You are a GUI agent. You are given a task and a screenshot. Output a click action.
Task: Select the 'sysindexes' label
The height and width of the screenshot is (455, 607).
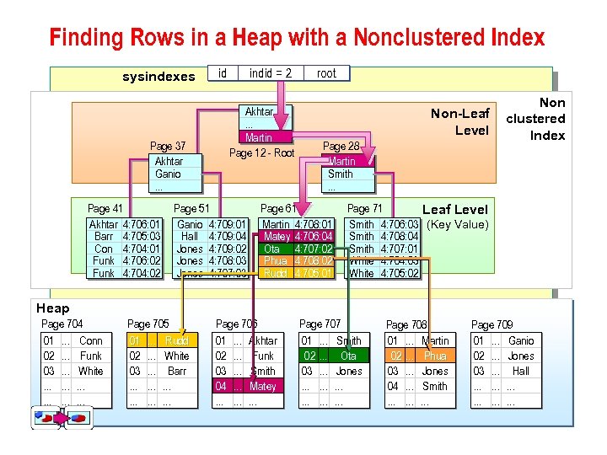pyautogui.click(x=158, y=77)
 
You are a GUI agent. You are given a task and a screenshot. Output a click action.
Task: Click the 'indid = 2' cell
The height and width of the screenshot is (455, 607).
pyautogui.click(x=270, y=73)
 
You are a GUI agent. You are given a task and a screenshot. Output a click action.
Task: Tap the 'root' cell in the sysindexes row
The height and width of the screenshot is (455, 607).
pyautogui.click(x=326, y=73)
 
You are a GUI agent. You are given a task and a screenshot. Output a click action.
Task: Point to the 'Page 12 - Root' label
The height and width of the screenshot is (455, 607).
pyautogui.click(x=261, y=153)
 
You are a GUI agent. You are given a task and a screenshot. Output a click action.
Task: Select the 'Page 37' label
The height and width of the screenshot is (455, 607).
pyautogui.click(x=168, y=146)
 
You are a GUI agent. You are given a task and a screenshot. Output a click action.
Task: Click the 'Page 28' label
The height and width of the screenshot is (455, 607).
pyautogui.click(x=341, y=146)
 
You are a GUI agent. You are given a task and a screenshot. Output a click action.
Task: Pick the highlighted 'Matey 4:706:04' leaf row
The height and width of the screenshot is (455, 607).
pyautogui.click(x=298, y=237)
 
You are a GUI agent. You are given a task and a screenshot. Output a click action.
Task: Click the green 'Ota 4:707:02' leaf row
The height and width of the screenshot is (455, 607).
pyautogui.click(x=298, y=249)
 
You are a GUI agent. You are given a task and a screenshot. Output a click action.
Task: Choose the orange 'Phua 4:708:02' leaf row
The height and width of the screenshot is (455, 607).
pyautogui.click(x=298, y=261)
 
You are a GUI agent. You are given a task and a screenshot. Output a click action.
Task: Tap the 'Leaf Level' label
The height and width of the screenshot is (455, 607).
pyautogui.click(x=454, y=209)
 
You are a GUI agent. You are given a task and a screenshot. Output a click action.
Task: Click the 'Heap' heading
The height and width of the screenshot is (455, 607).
pyautogui.click(x=52, y=308)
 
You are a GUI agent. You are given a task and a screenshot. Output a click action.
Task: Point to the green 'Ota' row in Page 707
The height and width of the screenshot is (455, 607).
pyautogui.click(x=335, y=356)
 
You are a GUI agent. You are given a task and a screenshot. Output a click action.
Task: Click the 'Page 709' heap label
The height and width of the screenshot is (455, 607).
pyautogui.click(x=492, y=324)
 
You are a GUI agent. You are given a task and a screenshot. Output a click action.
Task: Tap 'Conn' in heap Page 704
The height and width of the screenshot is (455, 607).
pyautogui.click(x=90, y=340)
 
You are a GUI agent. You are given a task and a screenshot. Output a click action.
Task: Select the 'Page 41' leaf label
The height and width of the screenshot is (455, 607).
pyautogui.click(x=105, y=208)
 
